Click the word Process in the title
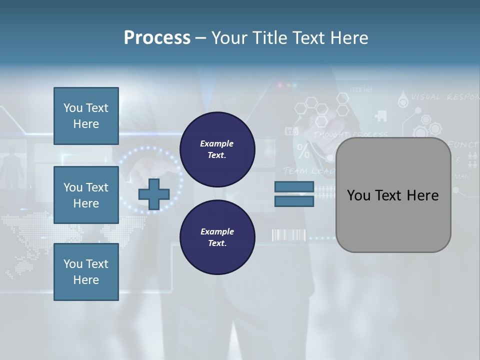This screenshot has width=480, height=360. pos(157,38)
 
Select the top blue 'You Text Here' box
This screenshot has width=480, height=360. pos(86,116)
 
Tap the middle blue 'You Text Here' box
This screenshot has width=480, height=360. pos(86,195)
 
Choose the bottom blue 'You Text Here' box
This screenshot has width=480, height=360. pos(86,272)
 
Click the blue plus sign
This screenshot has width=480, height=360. pos(154,194)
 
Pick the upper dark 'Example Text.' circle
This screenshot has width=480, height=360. pos(217,149)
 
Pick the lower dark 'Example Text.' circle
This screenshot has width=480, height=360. pos(217,237)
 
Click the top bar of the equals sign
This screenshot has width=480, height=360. pos(294,186)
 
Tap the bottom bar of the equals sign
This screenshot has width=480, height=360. pos(294,201)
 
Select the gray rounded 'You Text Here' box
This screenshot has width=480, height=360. pos(393,195)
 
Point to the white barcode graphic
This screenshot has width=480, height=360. pos(288,235)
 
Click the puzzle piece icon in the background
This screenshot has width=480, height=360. pos(380,115)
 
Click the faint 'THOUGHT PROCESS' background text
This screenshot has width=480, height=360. pos(350,134)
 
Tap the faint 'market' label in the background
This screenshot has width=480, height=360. pos(361,89)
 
